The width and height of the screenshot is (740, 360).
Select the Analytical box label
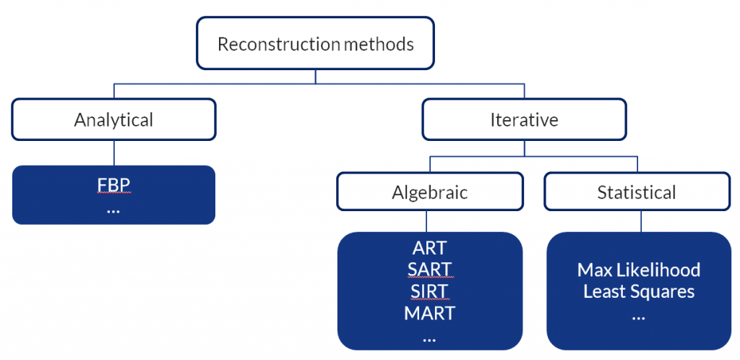coord(113,120)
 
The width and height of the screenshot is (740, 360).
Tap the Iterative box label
coord(525,120)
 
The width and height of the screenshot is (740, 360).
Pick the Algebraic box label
coord(430,192)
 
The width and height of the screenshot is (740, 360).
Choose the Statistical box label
coord(637,192)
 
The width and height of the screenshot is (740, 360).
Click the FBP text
coord(113,186)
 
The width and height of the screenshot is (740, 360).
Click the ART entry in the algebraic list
coord(429,248)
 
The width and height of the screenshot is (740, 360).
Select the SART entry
coord(429,270)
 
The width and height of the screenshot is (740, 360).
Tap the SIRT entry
coord(429,291)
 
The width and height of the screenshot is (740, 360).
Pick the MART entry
coord(429,313)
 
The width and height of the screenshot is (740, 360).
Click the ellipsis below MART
coord(429,339)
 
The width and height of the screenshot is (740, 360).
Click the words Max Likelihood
coord(639,270)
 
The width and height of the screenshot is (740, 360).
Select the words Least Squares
coord(639,291)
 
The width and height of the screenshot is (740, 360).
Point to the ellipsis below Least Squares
coord(638,317)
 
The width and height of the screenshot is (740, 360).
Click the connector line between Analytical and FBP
coord(113,153)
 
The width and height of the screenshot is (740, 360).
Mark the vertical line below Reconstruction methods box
coord(315,77)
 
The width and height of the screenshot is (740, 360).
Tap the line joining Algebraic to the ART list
coord(427,221)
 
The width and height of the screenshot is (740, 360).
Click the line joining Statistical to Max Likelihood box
coord(641,221)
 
